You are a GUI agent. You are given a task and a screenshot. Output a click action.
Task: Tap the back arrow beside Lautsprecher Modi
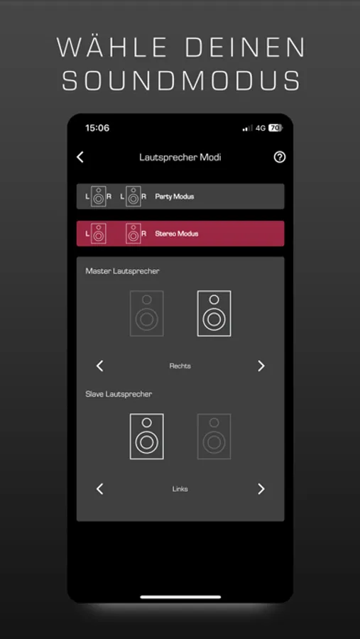80,158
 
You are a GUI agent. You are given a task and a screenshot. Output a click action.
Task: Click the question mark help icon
280,158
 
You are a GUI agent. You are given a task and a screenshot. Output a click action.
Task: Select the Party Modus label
175,197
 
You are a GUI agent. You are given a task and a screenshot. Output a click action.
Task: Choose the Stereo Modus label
177,234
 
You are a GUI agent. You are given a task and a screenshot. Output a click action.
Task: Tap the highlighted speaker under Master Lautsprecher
214,313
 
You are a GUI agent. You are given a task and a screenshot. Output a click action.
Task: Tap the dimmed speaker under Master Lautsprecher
147,313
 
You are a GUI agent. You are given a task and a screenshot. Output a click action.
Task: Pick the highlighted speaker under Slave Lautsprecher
147,437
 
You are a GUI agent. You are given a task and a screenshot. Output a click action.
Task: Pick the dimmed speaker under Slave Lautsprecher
214,437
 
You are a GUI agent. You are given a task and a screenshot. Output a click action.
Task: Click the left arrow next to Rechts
100,366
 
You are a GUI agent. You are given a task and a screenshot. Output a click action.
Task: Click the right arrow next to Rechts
261,366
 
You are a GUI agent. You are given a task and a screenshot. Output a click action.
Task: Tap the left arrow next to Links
100,489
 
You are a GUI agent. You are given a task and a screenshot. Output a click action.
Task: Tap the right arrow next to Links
261,489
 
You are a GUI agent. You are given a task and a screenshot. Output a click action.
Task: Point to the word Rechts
180,366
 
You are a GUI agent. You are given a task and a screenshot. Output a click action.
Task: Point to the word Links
180,489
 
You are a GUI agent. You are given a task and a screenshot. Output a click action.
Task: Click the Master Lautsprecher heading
122,271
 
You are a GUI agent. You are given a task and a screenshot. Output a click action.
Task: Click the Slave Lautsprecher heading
119,395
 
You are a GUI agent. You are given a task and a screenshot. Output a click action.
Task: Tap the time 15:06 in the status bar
97,128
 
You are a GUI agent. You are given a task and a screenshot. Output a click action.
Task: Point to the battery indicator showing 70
276,128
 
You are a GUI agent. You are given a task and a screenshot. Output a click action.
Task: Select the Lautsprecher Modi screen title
180,158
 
